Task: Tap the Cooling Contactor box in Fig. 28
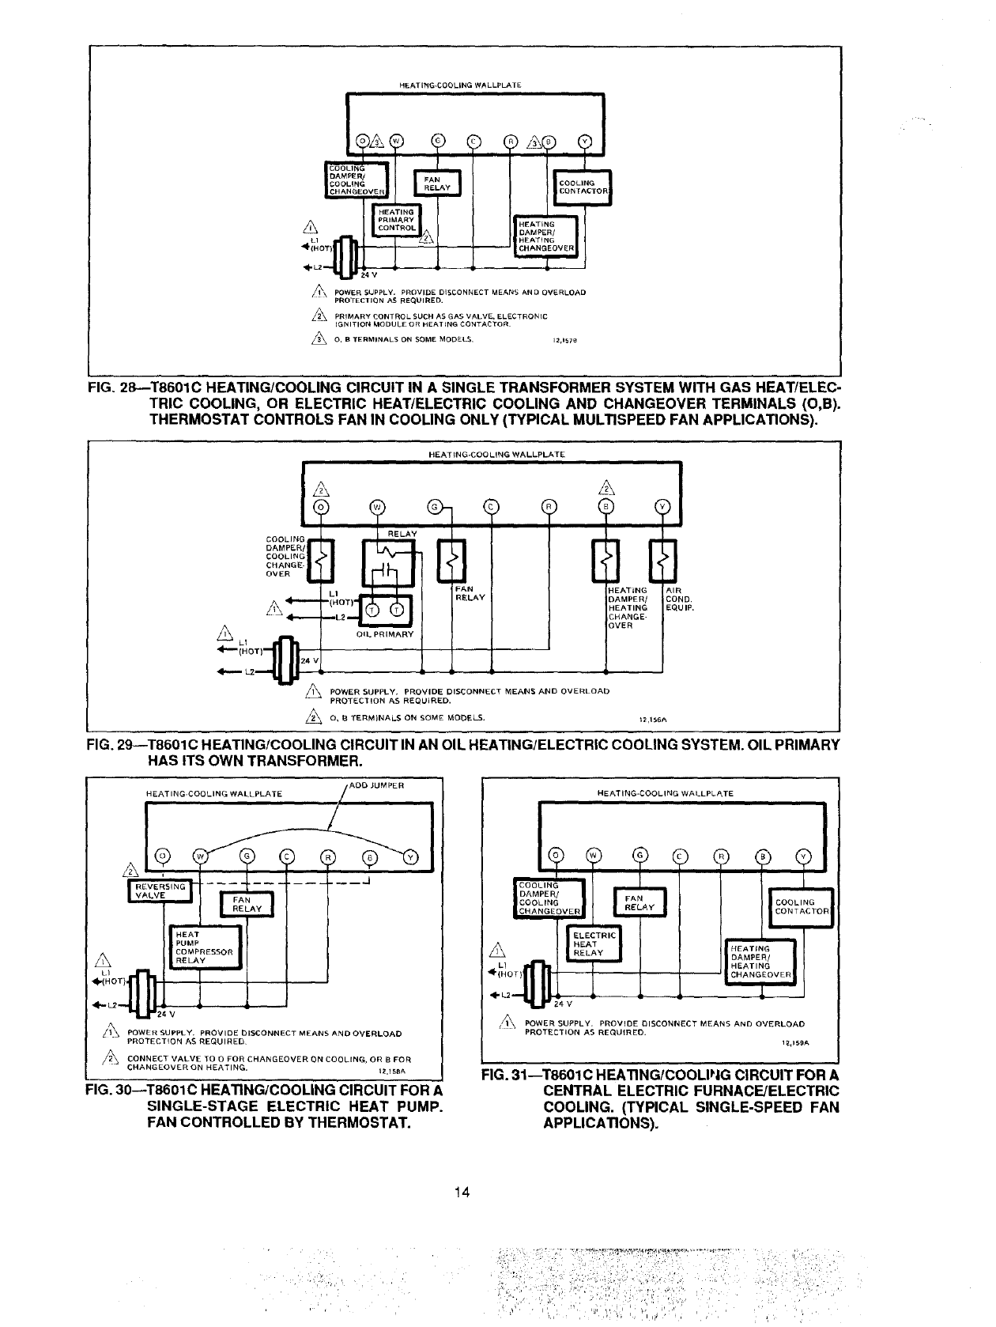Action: (x=583, y=187)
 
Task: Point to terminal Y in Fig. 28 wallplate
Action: (x=586, y=142)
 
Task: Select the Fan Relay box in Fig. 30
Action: (x=245, y=905)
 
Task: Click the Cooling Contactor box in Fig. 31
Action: (x=801, y=906)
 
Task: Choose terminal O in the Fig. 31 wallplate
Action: (x=556, y=855)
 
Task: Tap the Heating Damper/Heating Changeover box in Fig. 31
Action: (x=759, y=961)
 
